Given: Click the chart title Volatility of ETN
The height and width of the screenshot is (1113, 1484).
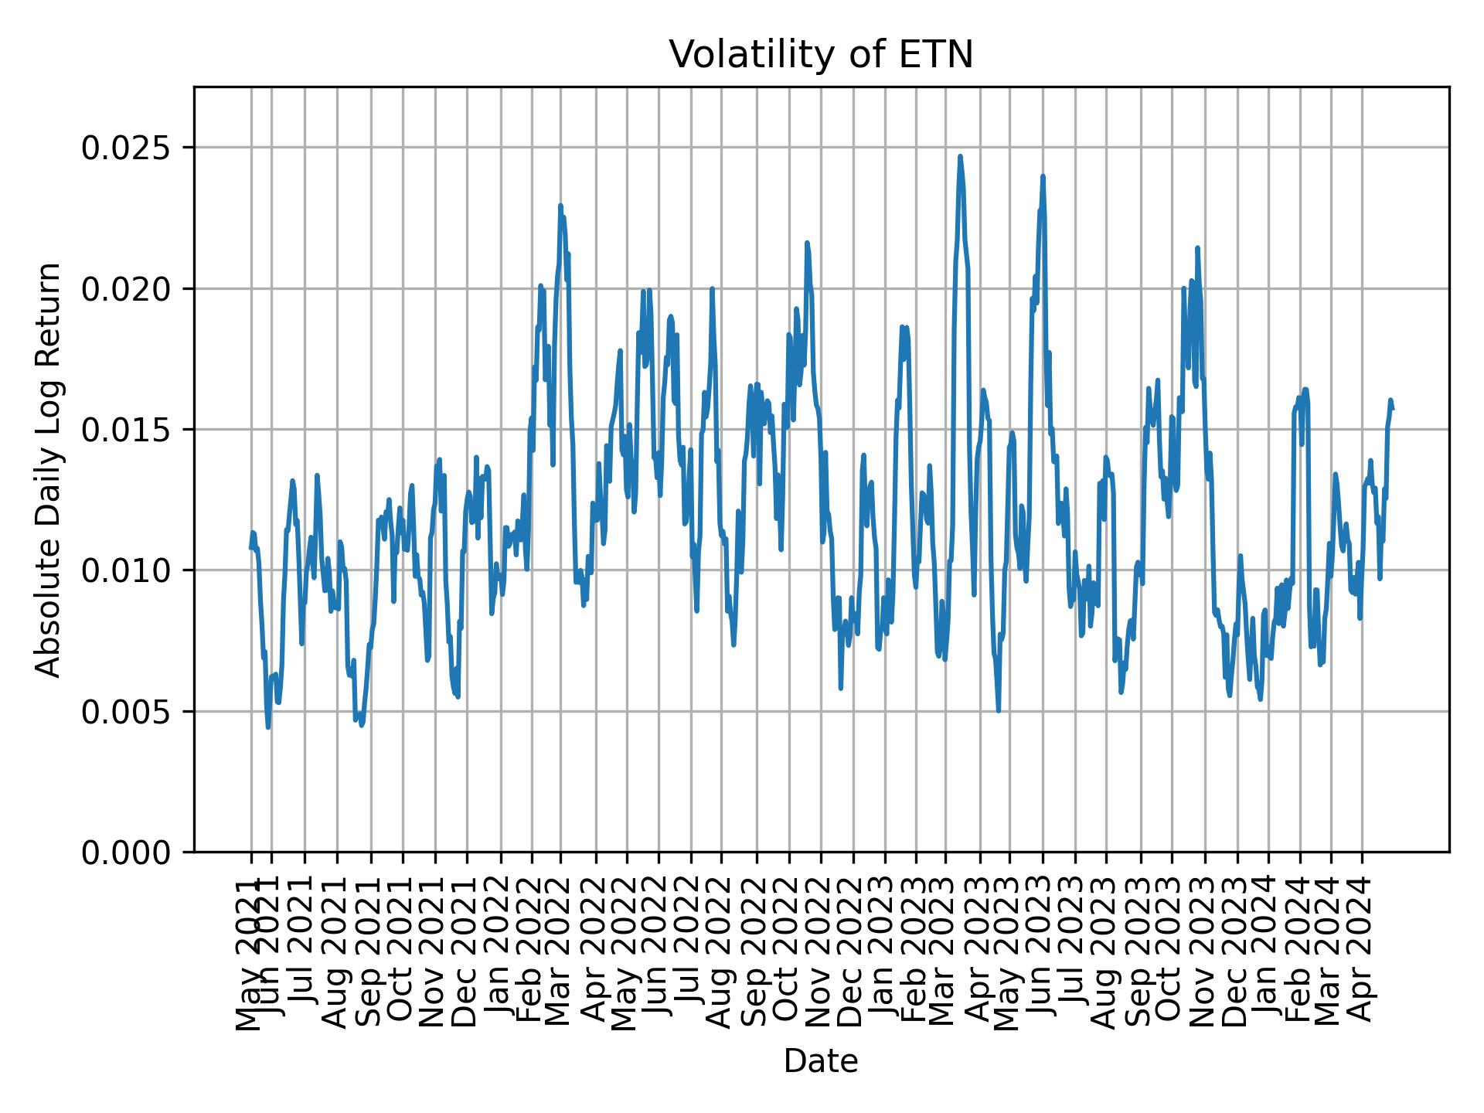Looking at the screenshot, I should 821,56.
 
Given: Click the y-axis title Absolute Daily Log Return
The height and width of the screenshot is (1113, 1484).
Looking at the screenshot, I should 49,469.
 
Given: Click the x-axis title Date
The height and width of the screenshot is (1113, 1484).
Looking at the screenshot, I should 821,1061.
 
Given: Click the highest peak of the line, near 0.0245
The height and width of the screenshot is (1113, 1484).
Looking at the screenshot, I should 960,157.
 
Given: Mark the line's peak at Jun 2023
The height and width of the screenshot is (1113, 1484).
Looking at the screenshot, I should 1043,177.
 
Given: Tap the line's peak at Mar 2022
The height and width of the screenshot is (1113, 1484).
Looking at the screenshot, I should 560,206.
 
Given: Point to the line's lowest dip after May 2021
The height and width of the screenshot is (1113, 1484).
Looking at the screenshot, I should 268,727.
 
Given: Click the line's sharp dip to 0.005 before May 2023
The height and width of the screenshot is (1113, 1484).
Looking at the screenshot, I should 999,710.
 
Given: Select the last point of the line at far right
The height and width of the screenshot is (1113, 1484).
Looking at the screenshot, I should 1393,408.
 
